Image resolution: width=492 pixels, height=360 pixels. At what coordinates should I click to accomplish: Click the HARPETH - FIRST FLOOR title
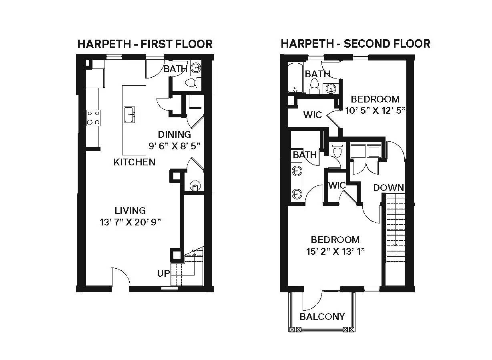coord(145,44)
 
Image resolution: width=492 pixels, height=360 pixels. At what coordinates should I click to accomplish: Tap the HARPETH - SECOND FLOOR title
coord(355,43)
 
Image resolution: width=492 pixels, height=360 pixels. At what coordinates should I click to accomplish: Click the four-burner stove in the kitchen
coord(93,118)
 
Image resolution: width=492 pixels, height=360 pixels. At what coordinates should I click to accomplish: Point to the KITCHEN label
coord(134,162)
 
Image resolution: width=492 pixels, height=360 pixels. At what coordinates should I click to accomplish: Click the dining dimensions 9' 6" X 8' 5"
coord(174,146)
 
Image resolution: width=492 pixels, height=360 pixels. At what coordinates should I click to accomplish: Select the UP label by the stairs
coord(163,274)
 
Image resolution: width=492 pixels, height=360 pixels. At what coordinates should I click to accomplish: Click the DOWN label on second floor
coord(388,187)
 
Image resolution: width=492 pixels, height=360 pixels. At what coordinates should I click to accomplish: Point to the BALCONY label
coord(322,317)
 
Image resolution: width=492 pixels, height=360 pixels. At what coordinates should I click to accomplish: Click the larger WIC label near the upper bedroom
coord(312,115)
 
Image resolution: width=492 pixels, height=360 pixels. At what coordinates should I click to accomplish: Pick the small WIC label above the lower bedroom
coord(337,185)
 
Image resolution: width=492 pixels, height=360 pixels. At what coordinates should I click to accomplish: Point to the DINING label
coord(174,135)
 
